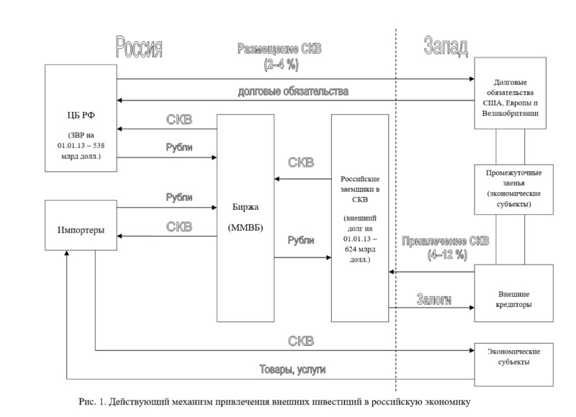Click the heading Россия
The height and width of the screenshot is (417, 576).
[x=138, y=47]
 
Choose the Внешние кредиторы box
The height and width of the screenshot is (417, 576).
[x=513, y=295]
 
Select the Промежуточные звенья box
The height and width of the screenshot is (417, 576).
[x=513, y=189]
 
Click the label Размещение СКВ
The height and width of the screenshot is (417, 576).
[x=280, y=49]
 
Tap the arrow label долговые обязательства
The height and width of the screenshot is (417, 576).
[x=295, y=91]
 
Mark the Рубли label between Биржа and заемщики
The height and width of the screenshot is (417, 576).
[x=301, y=239]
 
